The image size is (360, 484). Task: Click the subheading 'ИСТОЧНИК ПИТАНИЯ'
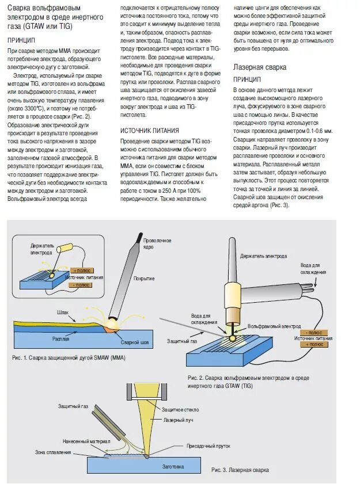point(149,130)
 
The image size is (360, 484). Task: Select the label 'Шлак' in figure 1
point(63,312)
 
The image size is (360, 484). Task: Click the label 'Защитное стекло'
point(176,409)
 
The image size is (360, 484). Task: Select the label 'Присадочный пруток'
point(209,445)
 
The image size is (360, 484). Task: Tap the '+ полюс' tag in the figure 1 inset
point(82,269)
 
